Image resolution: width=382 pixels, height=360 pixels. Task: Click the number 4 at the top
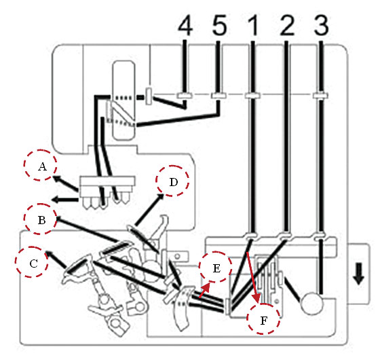click(x=185, y=26)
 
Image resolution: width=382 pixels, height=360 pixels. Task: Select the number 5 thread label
click(x=219, y=26)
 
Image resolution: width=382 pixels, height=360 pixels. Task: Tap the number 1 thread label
click(x=253, y=26)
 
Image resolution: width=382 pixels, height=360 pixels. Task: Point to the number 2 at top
click(x=287, y=26)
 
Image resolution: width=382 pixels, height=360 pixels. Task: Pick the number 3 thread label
click(x=322, y=26)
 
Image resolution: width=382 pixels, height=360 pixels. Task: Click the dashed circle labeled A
click(x=41, y=165)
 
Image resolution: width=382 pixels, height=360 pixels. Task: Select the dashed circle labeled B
click(x=41, y=219)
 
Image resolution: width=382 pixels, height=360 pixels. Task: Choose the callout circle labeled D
click(x=172, y=181)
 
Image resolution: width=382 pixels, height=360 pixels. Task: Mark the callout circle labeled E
click(x=216, y=267)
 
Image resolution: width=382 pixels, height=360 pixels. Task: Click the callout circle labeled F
click(x=263, y=319)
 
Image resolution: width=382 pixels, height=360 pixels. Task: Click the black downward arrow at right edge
click(x=359, y=274)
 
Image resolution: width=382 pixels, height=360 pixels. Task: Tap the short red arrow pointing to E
click(x=204, y=290)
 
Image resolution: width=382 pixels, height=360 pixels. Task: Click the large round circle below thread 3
click(x=312, y=304)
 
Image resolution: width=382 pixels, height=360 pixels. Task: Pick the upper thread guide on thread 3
click(x=321, y=95)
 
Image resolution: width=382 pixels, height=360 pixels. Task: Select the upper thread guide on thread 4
click(x=185, y=95)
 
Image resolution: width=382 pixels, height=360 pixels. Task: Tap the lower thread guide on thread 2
click(x=285, y=236)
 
